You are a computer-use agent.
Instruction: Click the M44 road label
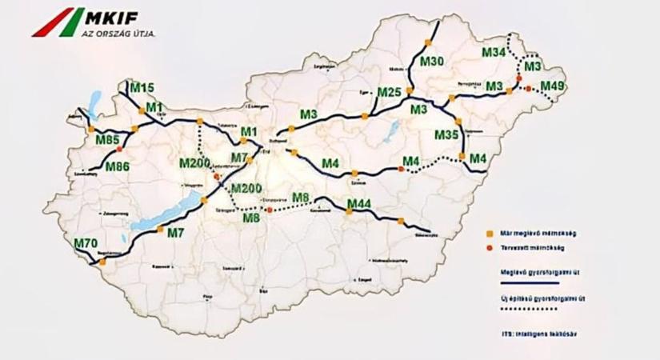point(359,205)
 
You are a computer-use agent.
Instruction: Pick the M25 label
point(389,93)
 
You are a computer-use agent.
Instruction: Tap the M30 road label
point(431,62)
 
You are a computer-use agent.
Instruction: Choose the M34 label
point(494,53)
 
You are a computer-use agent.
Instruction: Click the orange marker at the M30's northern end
point(428,42)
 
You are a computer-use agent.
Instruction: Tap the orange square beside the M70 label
point(102,261)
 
